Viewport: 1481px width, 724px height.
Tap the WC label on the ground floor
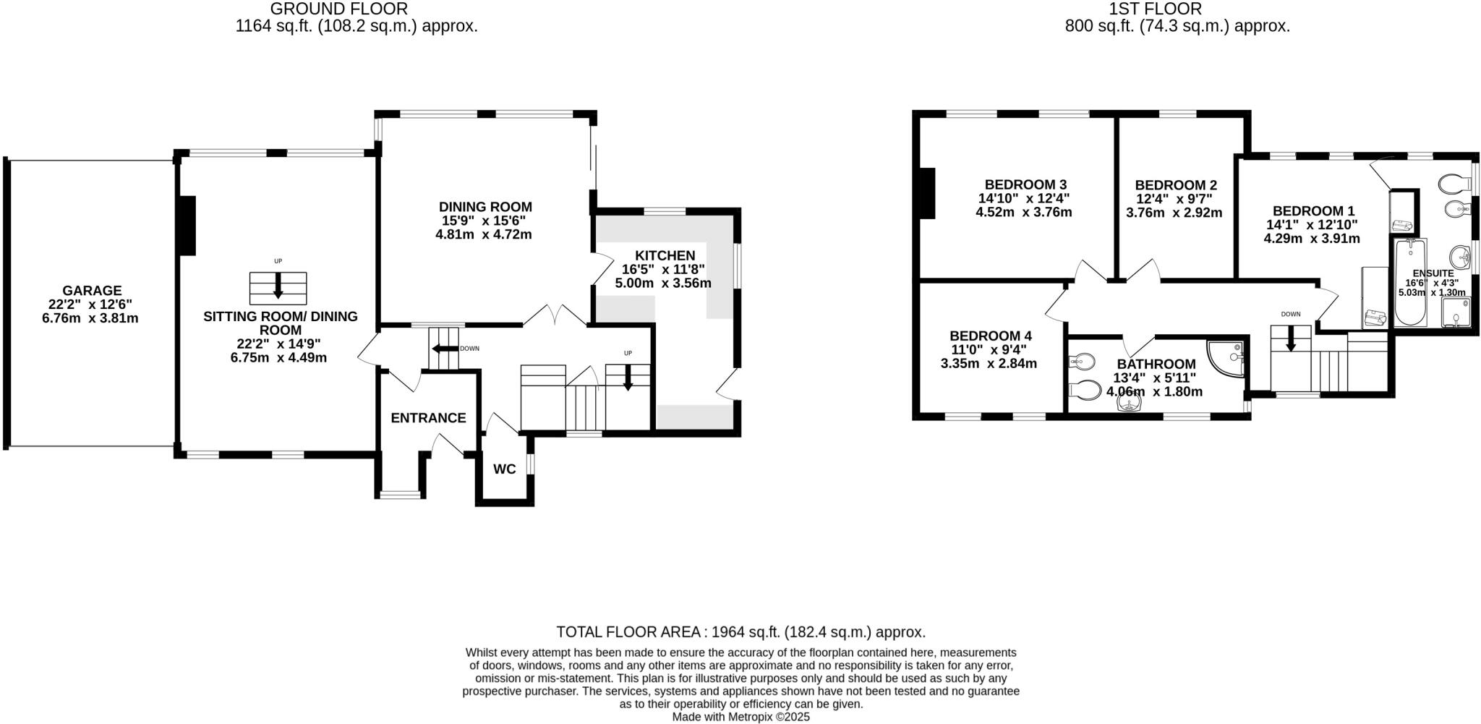tap(504, 469)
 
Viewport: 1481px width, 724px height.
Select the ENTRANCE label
tap(428, 418)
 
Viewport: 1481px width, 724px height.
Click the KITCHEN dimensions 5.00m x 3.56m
tap(663, 284)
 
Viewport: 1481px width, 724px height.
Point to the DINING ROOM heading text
tap(485, 207)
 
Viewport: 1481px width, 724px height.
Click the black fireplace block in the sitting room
tap(187, 226)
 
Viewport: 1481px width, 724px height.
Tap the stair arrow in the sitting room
tap(278, 289)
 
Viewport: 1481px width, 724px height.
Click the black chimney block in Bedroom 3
tap(926, 192)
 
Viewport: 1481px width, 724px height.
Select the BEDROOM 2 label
tap(1176, 185)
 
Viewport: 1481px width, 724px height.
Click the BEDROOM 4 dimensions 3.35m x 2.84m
tap(989, 364)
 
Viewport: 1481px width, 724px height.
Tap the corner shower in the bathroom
tap(1229, 358)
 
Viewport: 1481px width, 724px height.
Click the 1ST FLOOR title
tap(1177, 9)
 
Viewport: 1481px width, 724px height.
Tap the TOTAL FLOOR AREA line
tap(740, 632)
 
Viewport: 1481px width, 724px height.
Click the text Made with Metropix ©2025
tap(740, 717)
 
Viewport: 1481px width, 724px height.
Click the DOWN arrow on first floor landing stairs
tap(1290, 343)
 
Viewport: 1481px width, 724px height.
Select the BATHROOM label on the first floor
tap(1156, 364)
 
